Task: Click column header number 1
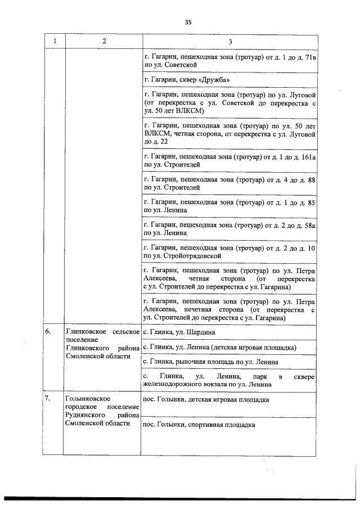[x=55, y=42]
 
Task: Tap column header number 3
[x=230, y=42]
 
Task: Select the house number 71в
[x=308, y=57]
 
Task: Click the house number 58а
[x=308, y=225]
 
